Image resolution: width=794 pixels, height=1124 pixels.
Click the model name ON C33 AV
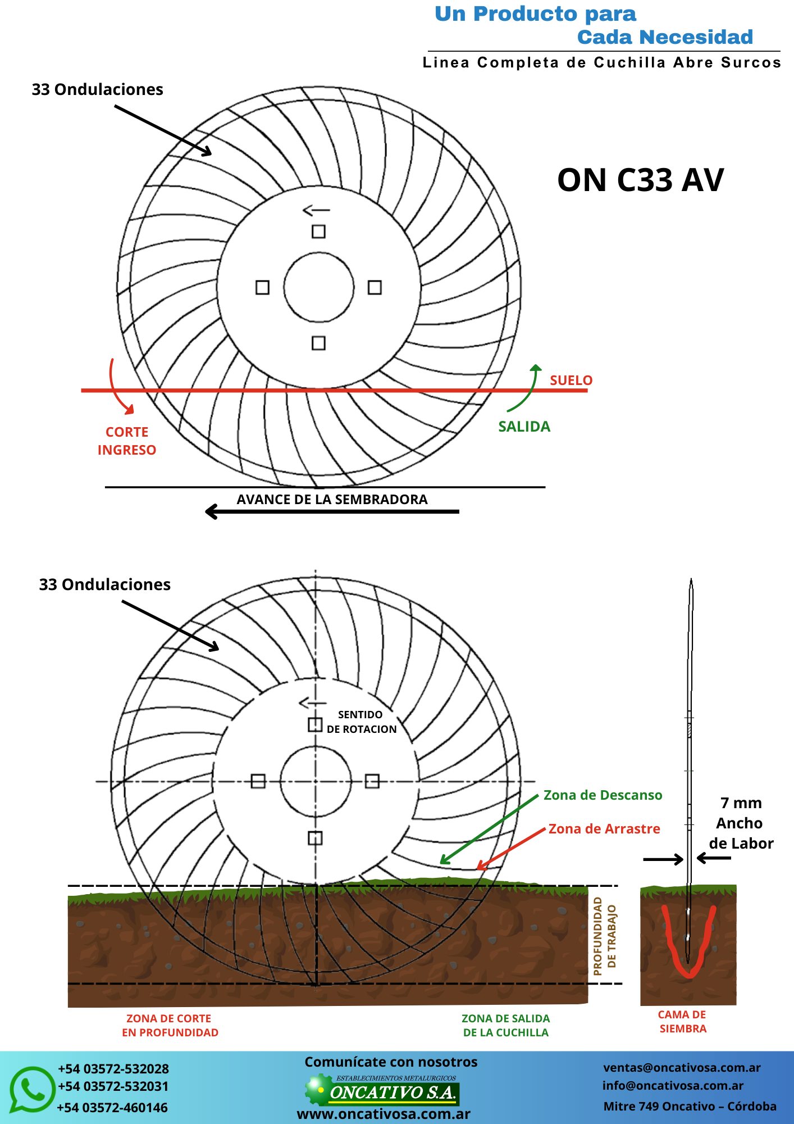(x=641, y=180)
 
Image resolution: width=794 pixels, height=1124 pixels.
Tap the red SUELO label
(x=571, y=380)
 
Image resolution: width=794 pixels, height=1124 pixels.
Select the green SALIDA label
(x=524, y=427)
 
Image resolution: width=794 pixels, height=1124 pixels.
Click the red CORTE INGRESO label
(x=127, y=441)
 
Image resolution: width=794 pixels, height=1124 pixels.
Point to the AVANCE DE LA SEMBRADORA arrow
(x=332, y=511)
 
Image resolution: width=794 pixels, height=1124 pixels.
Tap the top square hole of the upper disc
(x=318, y=232)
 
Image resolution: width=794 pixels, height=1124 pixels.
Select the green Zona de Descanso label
(x=603, y=795)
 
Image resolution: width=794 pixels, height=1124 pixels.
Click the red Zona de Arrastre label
(x=604, y=829)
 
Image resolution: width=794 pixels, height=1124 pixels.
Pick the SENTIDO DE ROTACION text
(x=361, y=722)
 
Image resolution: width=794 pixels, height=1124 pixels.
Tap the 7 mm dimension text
(x=741, y=803)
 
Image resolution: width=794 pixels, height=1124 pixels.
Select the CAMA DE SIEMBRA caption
(x=682, y=1022)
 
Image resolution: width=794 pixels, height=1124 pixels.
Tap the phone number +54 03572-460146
(x=112, y=1108)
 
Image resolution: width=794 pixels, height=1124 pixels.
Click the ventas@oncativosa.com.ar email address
(x=682, y=1068)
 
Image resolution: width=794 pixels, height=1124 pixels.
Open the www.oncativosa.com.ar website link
(x=384, y=1114)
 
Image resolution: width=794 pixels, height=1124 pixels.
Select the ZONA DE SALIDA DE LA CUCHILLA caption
(x=506, y=1026)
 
